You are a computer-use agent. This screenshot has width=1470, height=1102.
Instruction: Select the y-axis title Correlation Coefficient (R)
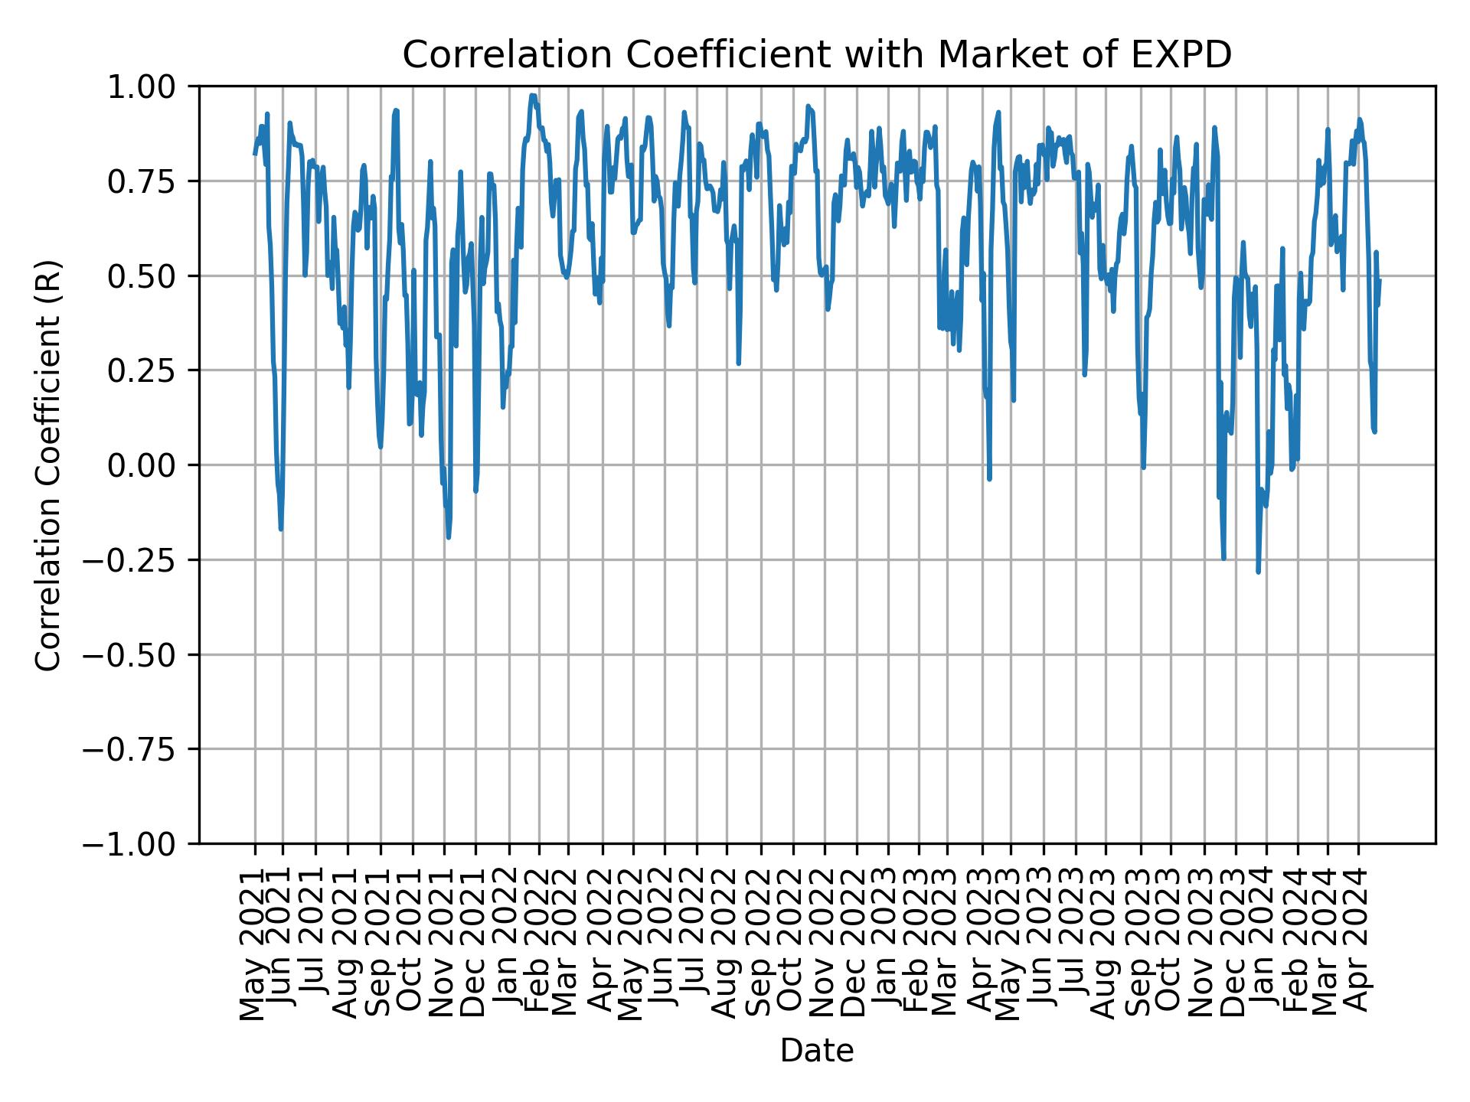tap(48, 465)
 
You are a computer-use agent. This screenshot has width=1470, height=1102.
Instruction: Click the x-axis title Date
tap(816, 1051)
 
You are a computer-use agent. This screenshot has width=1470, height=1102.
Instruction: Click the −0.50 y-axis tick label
tap(142, 654)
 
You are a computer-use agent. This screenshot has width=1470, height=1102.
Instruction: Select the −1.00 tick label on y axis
tap(142, 843)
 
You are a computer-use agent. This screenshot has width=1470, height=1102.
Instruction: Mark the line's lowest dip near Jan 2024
tap(1258, 572)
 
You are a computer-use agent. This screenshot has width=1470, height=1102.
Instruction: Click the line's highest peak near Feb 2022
tap(532, 96)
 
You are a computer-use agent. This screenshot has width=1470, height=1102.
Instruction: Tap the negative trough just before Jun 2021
tap(281, 529)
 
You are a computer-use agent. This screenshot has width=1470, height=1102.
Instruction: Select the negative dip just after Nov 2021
tap(448, 537)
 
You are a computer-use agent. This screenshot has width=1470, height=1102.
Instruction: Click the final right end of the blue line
tap(1379, 280)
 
